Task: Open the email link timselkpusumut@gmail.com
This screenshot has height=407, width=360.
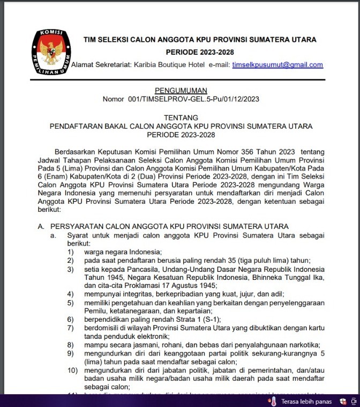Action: [x=277, y=65]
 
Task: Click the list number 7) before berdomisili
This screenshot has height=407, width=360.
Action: [x=70, y=328]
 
